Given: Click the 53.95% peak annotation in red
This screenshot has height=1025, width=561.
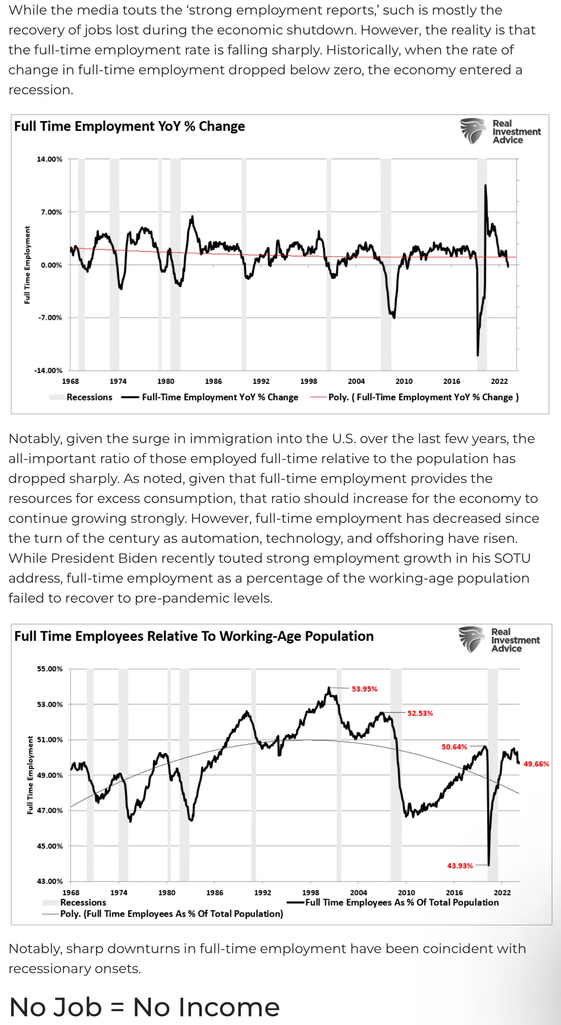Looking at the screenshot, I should (364, 689).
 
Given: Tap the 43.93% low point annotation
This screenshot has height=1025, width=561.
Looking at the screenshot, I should (460, 866).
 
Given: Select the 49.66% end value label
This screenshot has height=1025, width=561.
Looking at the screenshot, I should (536, 764).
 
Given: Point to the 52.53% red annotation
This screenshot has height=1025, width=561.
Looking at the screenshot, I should (420, 713).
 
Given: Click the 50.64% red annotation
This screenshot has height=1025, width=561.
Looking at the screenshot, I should (454, 747).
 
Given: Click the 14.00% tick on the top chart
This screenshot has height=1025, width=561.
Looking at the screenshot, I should (49, 159).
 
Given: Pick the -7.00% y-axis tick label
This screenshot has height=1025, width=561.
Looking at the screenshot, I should (50, 318).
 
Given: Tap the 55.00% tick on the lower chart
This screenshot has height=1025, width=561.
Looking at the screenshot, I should (50, 669).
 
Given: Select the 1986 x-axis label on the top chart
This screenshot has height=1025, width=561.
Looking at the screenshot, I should (213, 381).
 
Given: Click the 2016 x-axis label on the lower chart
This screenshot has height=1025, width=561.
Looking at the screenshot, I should (454, 893).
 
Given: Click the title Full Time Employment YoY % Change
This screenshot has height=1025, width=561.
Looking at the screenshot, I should (130, 126).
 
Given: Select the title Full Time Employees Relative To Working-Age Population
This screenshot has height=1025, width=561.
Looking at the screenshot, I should (194, 636).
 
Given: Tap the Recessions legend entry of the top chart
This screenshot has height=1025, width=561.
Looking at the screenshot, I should (89, 397).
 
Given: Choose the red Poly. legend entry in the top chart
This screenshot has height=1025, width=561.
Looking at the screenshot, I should (423, 397).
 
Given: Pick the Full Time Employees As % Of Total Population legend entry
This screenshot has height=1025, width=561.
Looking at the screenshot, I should (402, 902).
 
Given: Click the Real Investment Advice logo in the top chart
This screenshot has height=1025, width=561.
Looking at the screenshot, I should (500, 132).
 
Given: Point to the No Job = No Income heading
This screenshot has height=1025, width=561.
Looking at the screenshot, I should (145, 1007).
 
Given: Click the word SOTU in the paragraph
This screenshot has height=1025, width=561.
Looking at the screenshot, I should (512, 558).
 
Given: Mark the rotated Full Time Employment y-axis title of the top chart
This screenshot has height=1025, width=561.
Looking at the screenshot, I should (27, 265).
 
